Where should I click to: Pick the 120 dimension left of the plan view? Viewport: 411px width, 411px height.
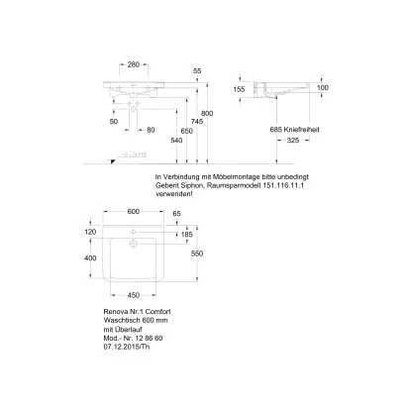(91, 230)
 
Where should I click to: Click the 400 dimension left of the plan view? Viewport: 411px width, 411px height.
(91, 257)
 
